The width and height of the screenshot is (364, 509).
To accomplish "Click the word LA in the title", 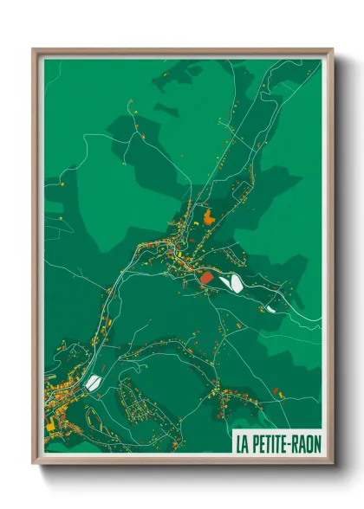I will [x=243, y=443].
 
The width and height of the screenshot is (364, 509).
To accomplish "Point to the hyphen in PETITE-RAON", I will [x=290, y=443].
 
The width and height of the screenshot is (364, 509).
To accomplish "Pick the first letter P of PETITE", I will [x=254, y=443].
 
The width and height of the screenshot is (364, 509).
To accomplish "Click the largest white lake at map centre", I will [x=231, y=282].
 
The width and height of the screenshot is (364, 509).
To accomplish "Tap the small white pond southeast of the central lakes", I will [x=270, y=307].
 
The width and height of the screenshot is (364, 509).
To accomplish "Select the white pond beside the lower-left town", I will [x=94, y=382].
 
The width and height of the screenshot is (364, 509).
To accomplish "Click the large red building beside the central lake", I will [x=206, y=277].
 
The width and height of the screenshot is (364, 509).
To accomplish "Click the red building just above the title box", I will [x=276, y=391].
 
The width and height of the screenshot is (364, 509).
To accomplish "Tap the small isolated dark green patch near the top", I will [x=166, y=109].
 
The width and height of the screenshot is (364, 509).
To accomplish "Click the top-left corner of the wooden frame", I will [x=34, y=50].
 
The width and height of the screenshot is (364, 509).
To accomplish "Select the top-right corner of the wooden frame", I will [x=332, y=50].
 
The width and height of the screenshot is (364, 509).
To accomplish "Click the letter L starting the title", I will [x=238, y=443].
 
